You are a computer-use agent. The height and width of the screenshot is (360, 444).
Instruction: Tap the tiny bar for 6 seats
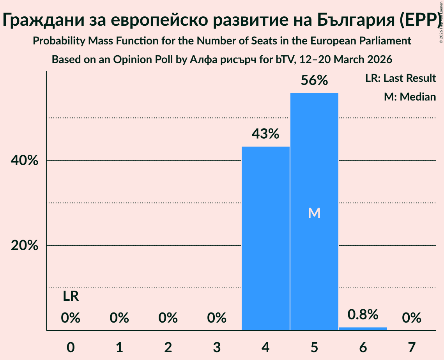[363, 328]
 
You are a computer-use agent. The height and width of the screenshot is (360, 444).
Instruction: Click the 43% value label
[265, 134]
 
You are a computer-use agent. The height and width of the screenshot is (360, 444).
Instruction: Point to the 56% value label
[314, 81]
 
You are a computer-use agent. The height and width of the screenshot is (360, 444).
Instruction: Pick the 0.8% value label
[363, 314]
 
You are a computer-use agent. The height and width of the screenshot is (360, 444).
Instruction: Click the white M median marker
[314, 213]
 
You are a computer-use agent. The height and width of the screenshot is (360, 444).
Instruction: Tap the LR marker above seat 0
[71, 297]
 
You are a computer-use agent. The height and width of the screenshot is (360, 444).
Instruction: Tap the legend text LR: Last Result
[400, 78]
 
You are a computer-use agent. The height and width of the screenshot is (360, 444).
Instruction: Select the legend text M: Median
[410, 97]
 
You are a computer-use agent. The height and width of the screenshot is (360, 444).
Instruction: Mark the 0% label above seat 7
[412, 318]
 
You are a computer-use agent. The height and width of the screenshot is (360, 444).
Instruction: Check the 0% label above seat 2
[168, 318]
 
